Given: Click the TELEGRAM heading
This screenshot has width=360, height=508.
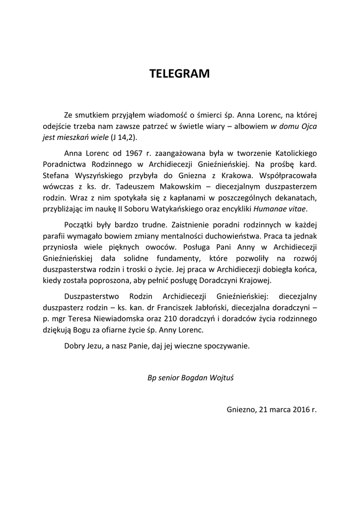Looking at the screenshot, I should click(x=180, y=74).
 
